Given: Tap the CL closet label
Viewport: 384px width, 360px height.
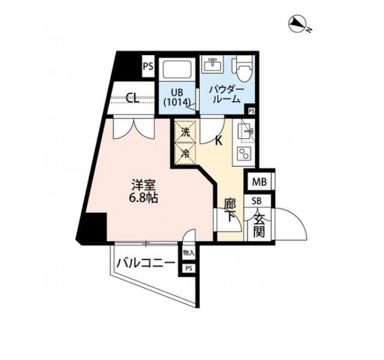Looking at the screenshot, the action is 133,98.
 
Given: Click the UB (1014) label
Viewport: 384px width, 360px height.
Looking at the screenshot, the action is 177,97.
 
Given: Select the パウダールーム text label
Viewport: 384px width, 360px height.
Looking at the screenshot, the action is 226,95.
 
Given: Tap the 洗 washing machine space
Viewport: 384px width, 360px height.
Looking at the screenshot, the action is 185,133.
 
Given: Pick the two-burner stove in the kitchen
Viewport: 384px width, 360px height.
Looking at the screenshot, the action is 244,154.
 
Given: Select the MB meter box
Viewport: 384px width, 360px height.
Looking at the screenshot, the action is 260,182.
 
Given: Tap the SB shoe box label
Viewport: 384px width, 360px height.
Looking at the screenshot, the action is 257,201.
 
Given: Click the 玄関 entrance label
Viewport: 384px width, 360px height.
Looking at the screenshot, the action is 259,225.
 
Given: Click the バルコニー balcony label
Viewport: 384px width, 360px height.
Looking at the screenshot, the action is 146,263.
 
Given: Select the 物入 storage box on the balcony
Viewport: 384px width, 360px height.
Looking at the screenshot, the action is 188,253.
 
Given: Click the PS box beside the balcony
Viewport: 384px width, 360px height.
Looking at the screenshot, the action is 188,268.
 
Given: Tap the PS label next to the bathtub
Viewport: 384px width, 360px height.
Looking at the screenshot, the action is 148,67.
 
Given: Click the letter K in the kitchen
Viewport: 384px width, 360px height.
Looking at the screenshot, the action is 218,141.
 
